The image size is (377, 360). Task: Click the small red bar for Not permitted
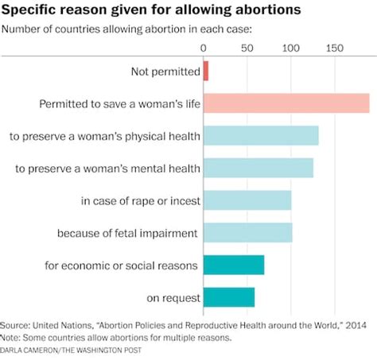pyautogui.click(x=206, y=72)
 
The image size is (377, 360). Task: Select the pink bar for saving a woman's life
pyautogui.click(x=286, y=104)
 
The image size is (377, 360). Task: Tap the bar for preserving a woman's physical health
pyautogui.click(x=261, y=136)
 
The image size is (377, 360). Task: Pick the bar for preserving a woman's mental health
pyautogui.click(x=258, y=168)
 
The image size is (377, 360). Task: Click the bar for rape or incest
pyautogui.click(x=247, y=200)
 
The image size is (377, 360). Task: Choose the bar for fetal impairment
pyautogui.click(x=248, y=233)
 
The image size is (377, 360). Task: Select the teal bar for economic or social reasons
pyautogui.click(x=234, y=265)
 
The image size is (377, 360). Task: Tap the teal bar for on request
pyautogui.click(x=229, y=297)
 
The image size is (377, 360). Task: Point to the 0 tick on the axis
pyautogui.click(x=204, y=48)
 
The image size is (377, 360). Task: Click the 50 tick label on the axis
pyautogui.click(x=247, y=48)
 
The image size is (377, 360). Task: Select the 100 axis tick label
pyautogui.click(x=290, y=48)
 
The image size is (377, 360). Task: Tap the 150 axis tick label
pyautogui.click(x=334, y=48)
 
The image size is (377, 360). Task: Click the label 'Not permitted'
pyautogui.click(x=165, y=72)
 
